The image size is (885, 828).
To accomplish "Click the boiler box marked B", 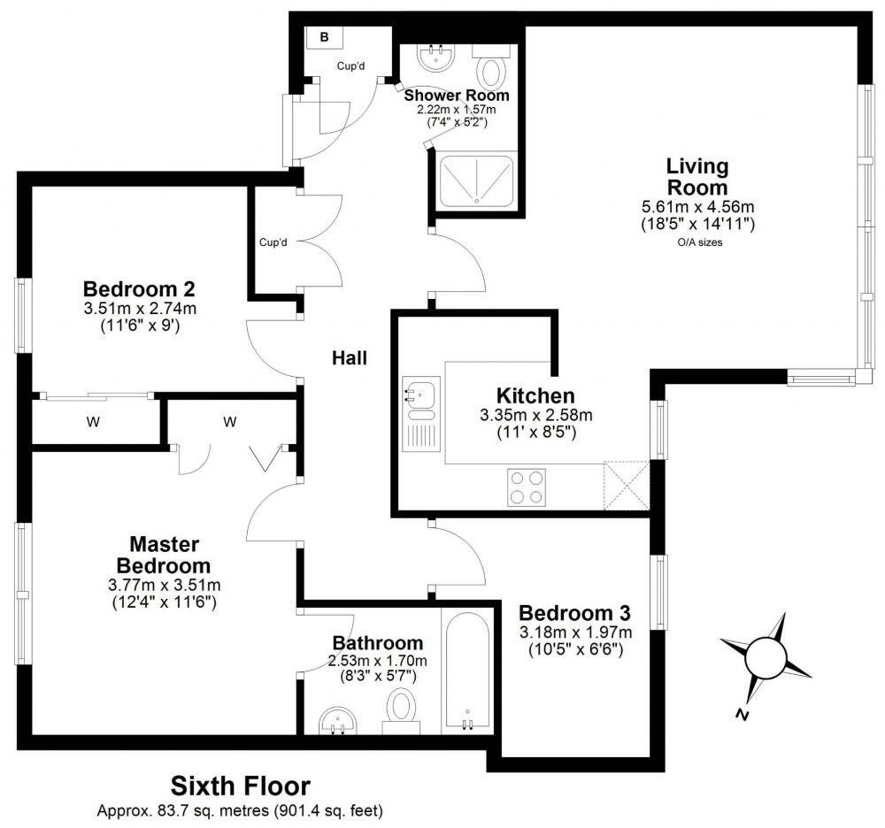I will tap(324, 37).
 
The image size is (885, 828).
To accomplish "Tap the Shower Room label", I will tap(456, 95).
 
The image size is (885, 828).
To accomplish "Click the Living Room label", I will tap(697, 176).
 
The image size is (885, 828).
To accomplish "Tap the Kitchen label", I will tap(535, 395).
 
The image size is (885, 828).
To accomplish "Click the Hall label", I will tap(349, 358).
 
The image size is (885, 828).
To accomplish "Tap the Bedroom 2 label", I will tap(139, 289).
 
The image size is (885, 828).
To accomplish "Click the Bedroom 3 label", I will tap(575, 613).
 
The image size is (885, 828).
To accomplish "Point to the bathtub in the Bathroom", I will tap(466, 671).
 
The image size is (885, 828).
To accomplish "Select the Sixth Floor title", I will tap(241, 785).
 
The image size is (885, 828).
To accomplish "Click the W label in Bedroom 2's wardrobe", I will tap(93, 423).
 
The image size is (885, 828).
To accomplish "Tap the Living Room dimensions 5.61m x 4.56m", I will tap(697, 207).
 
